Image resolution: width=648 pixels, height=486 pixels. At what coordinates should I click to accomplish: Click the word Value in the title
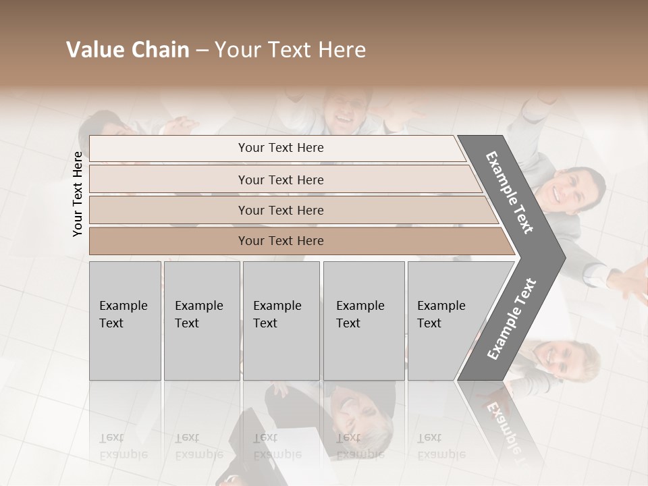[x=94, y=50]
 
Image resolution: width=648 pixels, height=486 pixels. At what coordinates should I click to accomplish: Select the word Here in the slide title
[x=341, y=50]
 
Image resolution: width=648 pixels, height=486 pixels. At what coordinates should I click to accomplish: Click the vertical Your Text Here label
[x=78, y=194]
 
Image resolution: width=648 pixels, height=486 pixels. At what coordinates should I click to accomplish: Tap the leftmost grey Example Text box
[x=125, y=321]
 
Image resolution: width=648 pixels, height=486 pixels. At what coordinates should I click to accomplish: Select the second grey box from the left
[x=202, y=321]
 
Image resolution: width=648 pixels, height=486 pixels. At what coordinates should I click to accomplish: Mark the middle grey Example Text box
[x=281, y=321]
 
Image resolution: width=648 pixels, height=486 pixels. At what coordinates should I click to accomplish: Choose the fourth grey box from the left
[x=364, y=321]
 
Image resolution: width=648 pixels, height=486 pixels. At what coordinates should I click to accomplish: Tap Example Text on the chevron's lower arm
[x=512, y=319]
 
